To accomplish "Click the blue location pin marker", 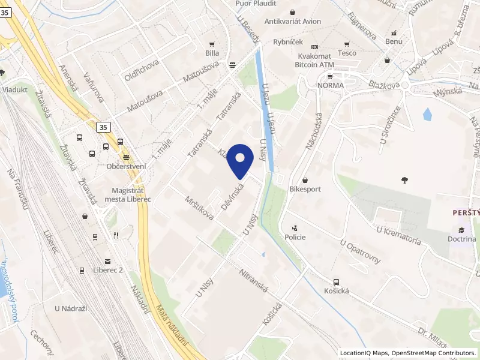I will [241, 160].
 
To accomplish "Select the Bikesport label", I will [305, 188].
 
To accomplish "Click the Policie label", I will [295, 236].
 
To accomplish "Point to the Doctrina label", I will [461, 238].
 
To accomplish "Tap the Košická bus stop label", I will [336, 290].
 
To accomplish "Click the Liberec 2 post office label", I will [108, 270].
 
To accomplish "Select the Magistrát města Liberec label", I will [127, 195].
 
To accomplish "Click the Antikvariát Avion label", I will [293, 21].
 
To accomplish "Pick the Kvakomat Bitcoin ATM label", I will [314, 60].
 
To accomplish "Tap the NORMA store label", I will [331, 85].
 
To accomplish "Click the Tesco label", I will [347, 52].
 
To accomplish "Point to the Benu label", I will [394, 41].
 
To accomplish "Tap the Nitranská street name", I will [254, 280].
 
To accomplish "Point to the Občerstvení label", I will [126, 166].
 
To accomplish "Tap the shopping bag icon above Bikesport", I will [305, 180].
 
